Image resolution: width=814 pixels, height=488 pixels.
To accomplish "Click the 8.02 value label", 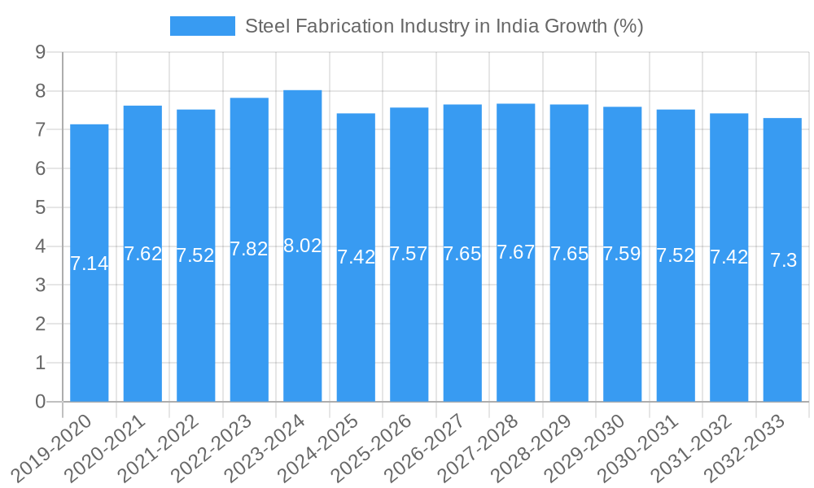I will [x=303, y=246].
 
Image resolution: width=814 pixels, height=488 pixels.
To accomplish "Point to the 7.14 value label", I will [x=90, y=264].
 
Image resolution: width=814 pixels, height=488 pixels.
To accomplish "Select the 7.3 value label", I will [x=783, y=260].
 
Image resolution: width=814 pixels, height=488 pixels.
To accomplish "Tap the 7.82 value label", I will [x=249, y=249].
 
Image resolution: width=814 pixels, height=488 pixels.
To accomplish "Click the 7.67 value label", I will [x=516, y=252].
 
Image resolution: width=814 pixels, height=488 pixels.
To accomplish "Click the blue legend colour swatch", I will [x=203, y=26].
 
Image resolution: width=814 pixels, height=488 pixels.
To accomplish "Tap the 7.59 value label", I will [x=623, y=254].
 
